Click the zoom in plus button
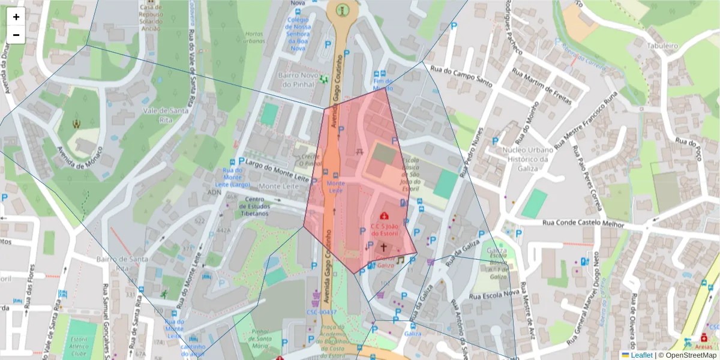pyautogui.click(x=16, y=17)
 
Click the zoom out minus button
pyautogui.click(x=16, y=35)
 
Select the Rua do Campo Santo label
pyautogui.click(x=462, y=77)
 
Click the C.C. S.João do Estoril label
pyautogui.click(x=385, y=230)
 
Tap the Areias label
pyautogui.click(x=704, y=346)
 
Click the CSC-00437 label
pyautogui.click(x=321, y=312)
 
